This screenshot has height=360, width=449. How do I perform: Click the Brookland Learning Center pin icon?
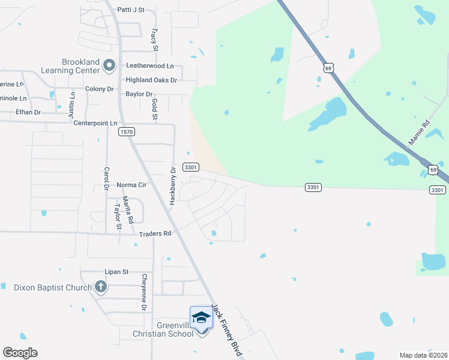[109, 65]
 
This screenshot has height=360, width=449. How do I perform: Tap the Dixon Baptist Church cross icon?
[100, 287]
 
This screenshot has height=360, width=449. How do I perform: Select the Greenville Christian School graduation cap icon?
[201, 317]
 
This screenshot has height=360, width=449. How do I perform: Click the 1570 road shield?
[126, 131]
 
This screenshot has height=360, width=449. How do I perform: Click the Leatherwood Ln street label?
[149, 65]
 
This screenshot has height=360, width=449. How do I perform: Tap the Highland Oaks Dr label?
[151, 80]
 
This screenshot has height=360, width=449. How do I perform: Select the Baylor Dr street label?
[139, 94]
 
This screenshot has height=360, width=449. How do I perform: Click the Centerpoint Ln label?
[95, 123]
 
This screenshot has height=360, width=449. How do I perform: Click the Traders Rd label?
[155, 233]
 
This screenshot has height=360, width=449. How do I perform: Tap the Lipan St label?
[117, 272]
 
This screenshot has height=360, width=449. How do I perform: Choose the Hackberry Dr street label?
[172, 186]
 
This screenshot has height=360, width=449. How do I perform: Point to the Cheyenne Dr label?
[144, 292]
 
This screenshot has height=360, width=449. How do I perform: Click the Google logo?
[20, 353]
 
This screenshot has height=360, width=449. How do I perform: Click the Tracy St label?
[155, 39]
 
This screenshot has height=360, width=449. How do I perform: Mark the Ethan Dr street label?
[28, 112]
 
